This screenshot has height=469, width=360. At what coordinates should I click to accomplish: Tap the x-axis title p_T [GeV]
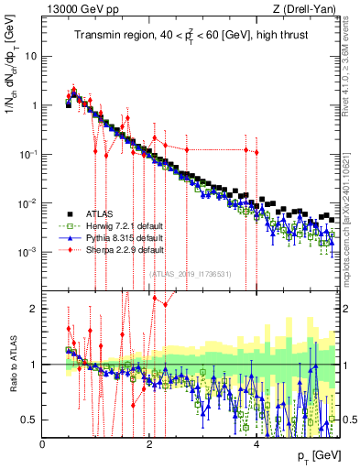(320, 456)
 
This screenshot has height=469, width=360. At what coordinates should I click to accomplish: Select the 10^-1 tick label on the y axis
(27, 154)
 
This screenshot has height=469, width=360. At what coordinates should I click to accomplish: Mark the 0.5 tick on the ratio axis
(29, 420)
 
